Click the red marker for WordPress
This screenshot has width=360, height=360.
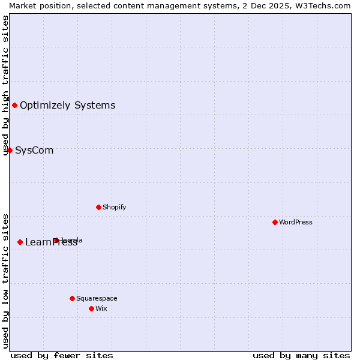tap(275, 222)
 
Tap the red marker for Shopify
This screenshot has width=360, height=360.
tap(98, 207)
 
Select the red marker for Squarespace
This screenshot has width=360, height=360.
tap(72, 298)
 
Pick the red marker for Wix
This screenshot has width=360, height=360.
tap(91, 308)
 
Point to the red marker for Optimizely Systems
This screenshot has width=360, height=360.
tap(14, 106)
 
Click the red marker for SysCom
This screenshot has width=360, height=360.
tap(10, 150)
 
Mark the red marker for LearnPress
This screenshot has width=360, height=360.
tap(20, 242)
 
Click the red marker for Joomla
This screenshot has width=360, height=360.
tap(56, 240)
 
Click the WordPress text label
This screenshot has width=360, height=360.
tap(296, 222)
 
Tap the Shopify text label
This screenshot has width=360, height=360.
tap(115, 207)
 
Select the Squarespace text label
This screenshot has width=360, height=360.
tap(97, 298)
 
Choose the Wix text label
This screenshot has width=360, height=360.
tap(101, 308)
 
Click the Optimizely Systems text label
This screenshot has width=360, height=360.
tap(68, 106)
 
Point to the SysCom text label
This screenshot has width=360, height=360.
tap(34, 150)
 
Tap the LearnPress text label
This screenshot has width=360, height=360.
tap(52, 242)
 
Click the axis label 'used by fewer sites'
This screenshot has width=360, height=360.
tap(62, 355)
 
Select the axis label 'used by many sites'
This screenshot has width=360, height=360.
tap(301, 355)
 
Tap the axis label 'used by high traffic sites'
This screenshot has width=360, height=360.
tap(5, 85)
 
